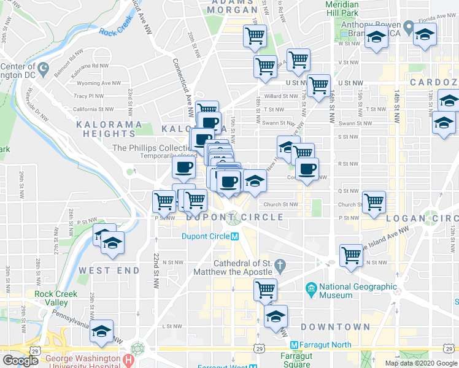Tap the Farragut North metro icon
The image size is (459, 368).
coord(295,345)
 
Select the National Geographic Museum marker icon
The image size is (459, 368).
coord(310,288)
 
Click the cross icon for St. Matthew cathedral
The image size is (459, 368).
coord(280,266)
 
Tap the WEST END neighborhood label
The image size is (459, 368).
coord(103,270)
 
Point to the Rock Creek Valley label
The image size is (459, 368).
coord(56,298)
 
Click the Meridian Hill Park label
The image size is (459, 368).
coord(351,8)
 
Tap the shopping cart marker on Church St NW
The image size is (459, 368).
coord(373,201)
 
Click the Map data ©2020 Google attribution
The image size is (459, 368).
coord(421,362)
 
